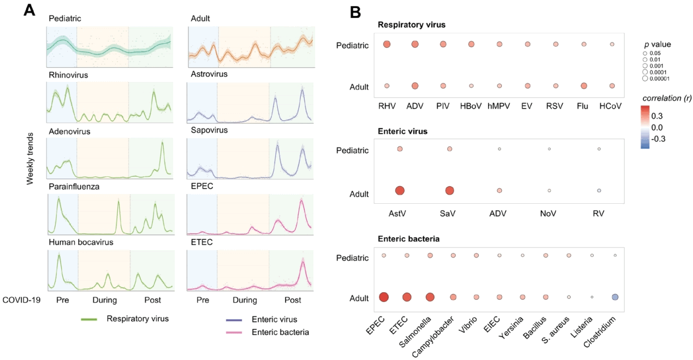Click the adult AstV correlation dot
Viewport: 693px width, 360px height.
pyautogui.click(x=400, y=191)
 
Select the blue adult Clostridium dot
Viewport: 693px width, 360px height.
pyautogui.click(x=615, y=297)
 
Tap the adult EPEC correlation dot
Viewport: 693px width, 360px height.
pyautogui.click(x=384, y=297)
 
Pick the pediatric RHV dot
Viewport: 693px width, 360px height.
pyautogui.click(x=387, y=44)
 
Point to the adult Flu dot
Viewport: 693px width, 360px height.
pyautogui.click(x=584, y=86)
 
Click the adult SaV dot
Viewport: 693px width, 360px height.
pyautogui.click(x=449, y=191)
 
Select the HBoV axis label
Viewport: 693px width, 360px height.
pyautogui.click(x=471, y=106)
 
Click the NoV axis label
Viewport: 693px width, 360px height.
pyautogui.click(x=548, y=213)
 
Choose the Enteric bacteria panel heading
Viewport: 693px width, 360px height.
pyautogui.click(x=408, y=239)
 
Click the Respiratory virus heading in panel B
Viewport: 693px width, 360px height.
pyautogui.click(x=411, y=25)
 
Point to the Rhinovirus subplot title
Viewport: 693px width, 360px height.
pyautogui.click(x=68, y=75)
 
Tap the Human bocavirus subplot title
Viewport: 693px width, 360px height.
pyautogui.click(x=81, y=242)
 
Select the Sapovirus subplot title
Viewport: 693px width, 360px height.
pyautogui.click(x=209, y=130)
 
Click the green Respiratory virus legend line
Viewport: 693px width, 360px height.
pyautogui.click(x=89, y=319)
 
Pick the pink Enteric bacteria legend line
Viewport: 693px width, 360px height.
pyautogui.click(x=234, y=333)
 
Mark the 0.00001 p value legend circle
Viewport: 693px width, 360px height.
pyautogui.click(x=645, y=79)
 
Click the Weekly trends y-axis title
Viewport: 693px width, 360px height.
pyautogui.click(x=29, y=158)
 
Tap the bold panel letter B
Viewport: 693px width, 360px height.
pyautogui.click(x=355, y=13)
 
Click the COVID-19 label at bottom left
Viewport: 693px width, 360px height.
pyautogui.click(x=21, y=300)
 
